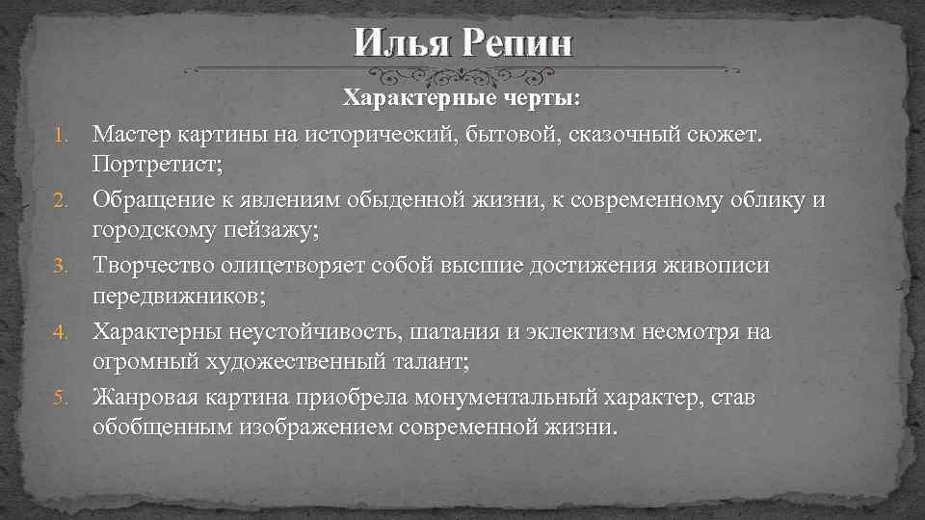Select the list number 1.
pos(58,135)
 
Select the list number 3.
pos(58,266)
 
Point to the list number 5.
pos(58,397)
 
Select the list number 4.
pos(58,331)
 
